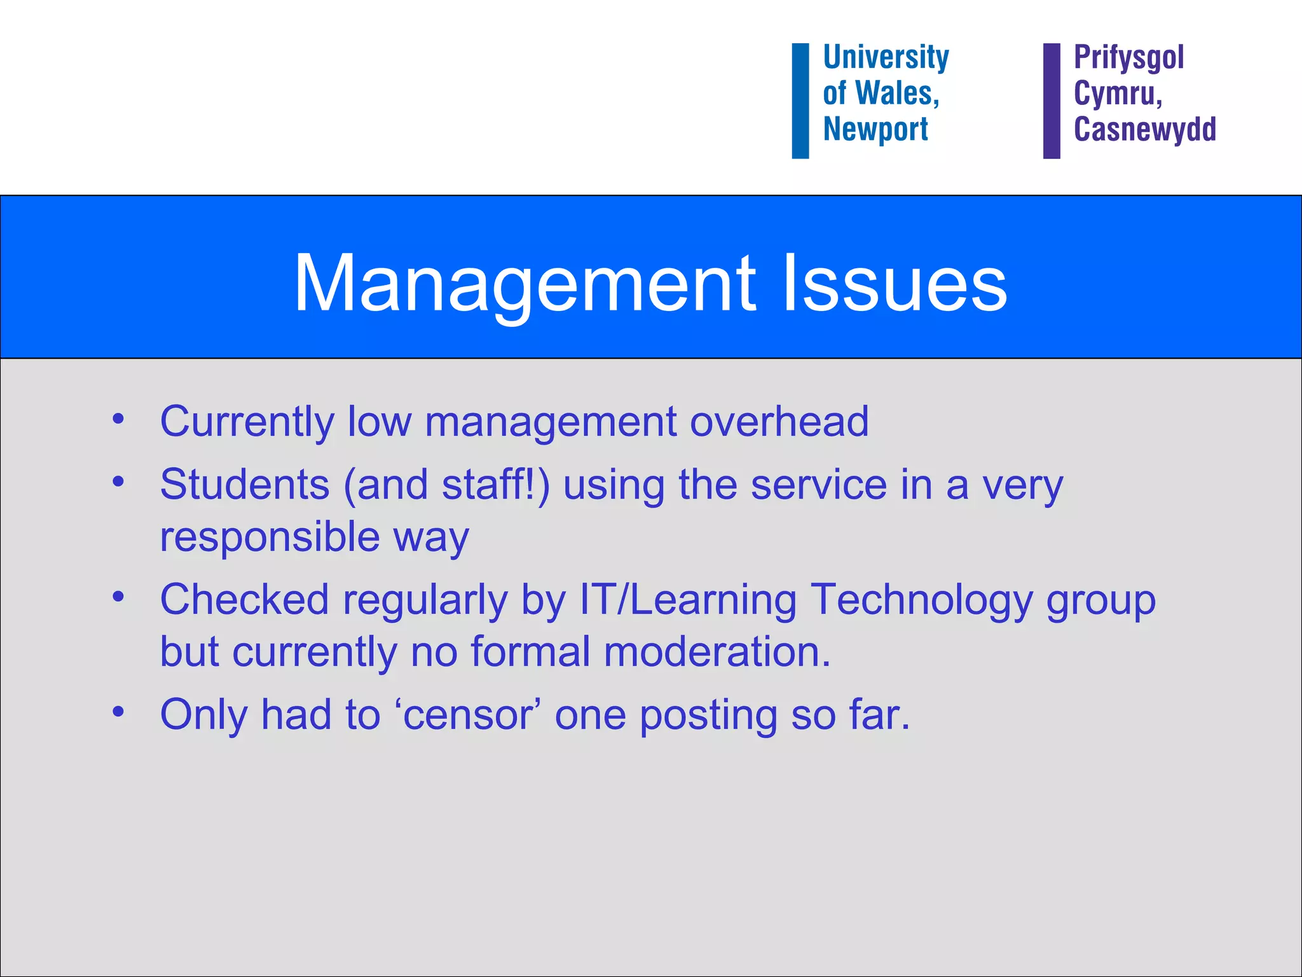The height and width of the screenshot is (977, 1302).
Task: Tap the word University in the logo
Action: (x=886, y=58)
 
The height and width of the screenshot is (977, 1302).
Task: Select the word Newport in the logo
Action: (x=875, y=130)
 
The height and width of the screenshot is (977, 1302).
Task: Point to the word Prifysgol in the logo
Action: (x=1128, y=58)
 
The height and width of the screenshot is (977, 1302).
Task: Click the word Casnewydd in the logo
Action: (x=1144, y=130)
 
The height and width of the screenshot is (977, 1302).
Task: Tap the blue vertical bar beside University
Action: (x=800, y=100)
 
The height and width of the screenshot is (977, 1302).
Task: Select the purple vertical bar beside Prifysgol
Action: (x=1052, y=100)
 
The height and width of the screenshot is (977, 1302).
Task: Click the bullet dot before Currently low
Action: (x=118, y=419)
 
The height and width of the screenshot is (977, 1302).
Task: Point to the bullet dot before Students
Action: (x=118, y=482)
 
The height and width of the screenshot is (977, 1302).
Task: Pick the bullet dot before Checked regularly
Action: (x=118, y=597)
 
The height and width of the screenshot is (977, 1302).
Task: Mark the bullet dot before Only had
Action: (x=118, y=711)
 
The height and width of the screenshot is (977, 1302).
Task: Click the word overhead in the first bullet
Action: (x=779, y=421)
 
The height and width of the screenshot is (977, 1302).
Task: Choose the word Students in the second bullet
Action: (x=245, y=485)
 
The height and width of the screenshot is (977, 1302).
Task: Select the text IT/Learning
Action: (x=688, y=600)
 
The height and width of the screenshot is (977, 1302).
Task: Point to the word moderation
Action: (x=717, y=652)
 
